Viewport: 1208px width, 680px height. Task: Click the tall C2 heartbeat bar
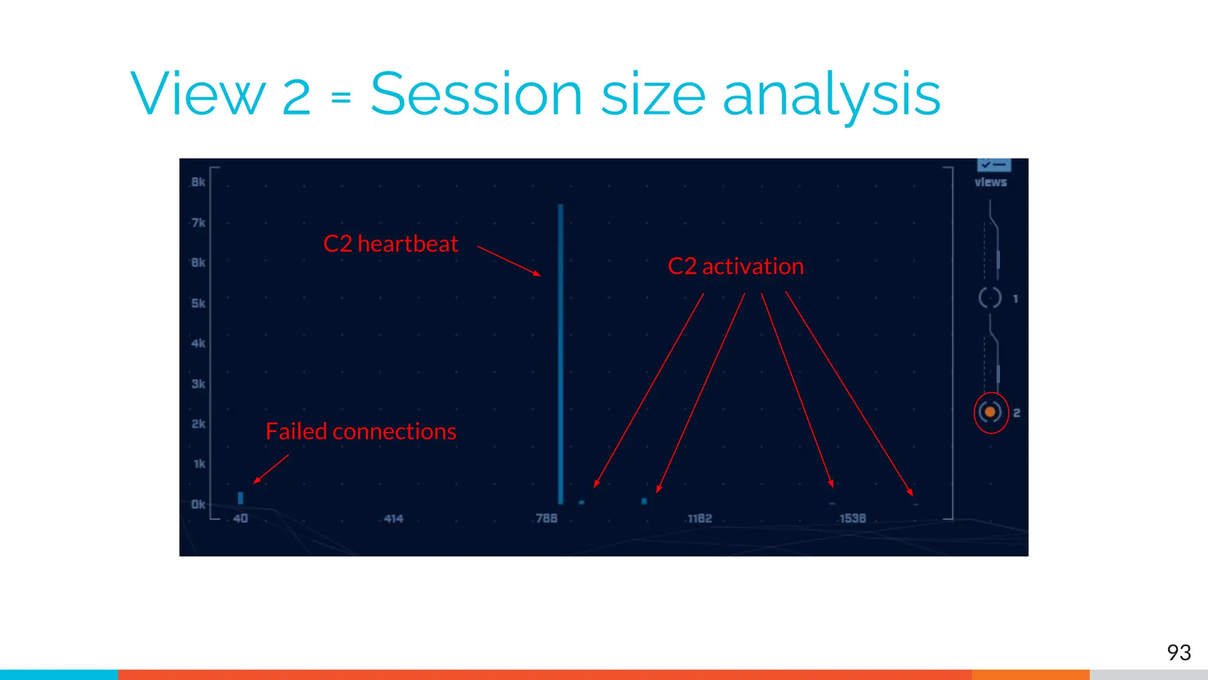(x=560, y=354)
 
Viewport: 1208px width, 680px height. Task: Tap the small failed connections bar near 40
(x=241, y=498)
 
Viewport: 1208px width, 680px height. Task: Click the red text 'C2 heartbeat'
(x=390, y=244)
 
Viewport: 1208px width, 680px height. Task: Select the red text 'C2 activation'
(x=736, y=266)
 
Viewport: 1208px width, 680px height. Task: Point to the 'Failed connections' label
(x=360, y=431)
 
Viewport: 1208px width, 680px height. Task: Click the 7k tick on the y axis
(x=198, y=223)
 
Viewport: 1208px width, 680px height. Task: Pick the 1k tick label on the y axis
(x=199, y=464)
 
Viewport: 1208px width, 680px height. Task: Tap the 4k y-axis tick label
(x=198, y=343)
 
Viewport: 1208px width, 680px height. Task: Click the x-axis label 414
(x=393, y=518)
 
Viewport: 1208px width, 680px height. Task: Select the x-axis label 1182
(x=700, y=518)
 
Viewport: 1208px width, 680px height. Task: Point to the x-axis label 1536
(x=852, y=518)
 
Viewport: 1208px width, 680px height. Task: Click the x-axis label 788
(x=546, y=518)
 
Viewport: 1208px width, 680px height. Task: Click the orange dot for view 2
(x=990, y=412)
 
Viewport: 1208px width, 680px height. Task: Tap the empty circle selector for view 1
(x=990, y=297)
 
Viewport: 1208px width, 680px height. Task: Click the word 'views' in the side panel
(x=990, y=182)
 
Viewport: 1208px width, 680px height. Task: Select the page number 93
(x=1179, y=652)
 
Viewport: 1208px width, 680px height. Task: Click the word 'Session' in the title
(x=476, y=94)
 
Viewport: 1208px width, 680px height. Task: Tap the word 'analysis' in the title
(x=831, y=94)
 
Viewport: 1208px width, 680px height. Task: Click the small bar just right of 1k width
(x=644, y=501)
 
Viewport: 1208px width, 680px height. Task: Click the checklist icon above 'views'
(x=994, y=164)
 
